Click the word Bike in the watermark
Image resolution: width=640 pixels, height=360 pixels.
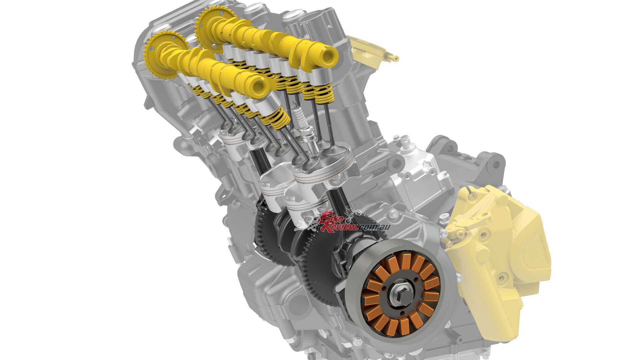click(x=332, y=219)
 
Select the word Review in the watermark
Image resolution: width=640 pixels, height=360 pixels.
click(x=339, y=227)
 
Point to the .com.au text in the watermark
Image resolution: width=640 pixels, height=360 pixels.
click(x=374, y=227)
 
